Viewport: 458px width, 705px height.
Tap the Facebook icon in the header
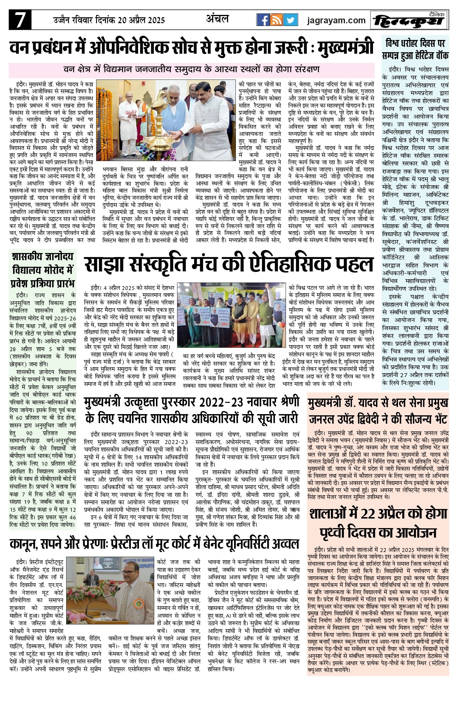click(264, 20)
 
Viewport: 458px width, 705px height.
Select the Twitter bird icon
click(290, 20)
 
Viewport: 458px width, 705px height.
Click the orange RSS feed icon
click(277, 20)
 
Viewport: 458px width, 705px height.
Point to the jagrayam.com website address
click(336, 20)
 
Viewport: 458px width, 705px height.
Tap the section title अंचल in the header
click(218, 19)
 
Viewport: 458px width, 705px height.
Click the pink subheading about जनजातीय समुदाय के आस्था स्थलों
click(192, 70)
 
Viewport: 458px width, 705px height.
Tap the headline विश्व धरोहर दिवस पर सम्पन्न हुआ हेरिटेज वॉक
click(415, 49)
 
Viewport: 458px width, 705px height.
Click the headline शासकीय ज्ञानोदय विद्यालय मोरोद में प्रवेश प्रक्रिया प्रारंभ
click(43, 269)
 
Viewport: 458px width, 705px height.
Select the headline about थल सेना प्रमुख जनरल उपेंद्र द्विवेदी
click(378, 411)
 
